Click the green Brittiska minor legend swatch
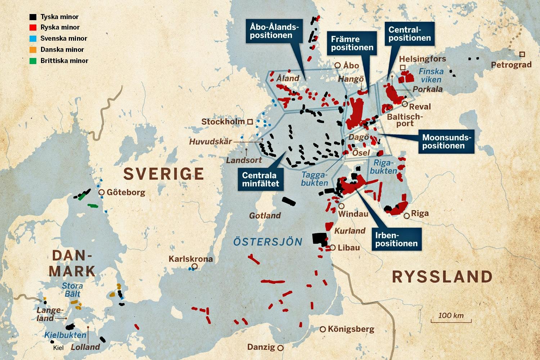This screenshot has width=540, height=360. pyautogui.click(x=33, y=61)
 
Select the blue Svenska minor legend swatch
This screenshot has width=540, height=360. pyautogui.click(x=33, y=39)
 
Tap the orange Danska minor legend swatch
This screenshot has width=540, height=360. pyautogui.click(x=33, y=50)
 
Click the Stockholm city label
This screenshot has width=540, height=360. pyautogui.click(x=223, y=122)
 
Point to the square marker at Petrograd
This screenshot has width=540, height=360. pyautogui.click(x=522, y=54)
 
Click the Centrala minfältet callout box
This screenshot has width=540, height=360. pyautogui.click(x=260, y=179)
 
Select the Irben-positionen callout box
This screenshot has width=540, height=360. pyautogui.click(x=396, y=239)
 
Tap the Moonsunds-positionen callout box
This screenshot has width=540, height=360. pyautogui.click(x=446, y=141)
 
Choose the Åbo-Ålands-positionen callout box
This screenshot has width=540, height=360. pyautogui.click(x=274, y=31)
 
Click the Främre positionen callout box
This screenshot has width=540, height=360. pyautogui.click(x=352, y=43)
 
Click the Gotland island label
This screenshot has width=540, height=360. pyautogui.click(x=265, y=216)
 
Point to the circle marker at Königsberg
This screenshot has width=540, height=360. pyautogui.click(x=323, y=329)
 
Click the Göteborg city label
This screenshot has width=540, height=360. pyautogui.click(x=126, y=192)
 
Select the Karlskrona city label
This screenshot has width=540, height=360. pyautogui.click(x=190, y=259)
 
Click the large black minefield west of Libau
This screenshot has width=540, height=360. pyautogui.click(x=319, y=239)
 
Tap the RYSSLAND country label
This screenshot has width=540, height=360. pyautogui.click(x=442, y=277)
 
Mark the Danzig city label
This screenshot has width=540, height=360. pyautogui.click(x=261, y=347)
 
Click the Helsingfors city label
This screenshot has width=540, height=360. pyautogui.click(x=422, y=59)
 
